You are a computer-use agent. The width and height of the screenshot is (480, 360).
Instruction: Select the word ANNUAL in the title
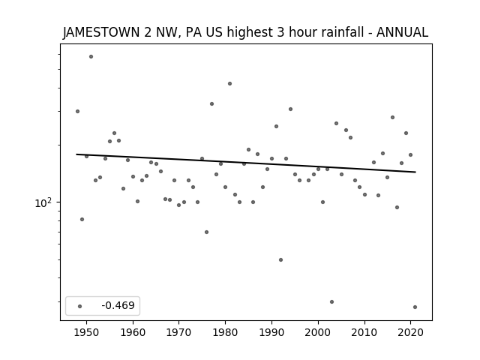(x=402, y=32)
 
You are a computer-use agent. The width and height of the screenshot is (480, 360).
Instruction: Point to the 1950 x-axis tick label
(x=87, y=332)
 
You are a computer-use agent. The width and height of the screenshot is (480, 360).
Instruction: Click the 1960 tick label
(x=133, y=332)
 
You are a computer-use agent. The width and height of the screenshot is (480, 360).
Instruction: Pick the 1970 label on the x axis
(x=178, y=332)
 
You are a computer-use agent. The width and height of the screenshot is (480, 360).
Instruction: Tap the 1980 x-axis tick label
(x=225, y=332)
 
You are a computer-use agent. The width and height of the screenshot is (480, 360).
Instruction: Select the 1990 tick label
(x=271, y=332)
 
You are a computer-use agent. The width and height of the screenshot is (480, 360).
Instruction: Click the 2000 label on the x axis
(x=318, y=332)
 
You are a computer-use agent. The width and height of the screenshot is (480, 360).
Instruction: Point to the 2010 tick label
(x=364, y=332)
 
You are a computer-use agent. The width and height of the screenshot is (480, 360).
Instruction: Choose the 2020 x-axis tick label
(x=410, y=332)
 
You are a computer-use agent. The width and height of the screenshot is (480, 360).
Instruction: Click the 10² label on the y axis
(x=43, y=203)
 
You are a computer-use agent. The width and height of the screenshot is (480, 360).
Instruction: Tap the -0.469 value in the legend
(x=118, y=305)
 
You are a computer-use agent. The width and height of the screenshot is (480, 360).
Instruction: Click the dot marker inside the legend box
(x=80, y=306)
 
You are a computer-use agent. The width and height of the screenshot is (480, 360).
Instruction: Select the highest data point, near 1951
(x=91, y=57)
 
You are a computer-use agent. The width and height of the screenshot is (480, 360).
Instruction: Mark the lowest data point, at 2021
(x=415, y=307)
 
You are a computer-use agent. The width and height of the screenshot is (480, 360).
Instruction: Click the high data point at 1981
(x=230, y=83)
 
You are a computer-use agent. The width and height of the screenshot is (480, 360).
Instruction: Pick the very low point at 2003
(x=331, y=301)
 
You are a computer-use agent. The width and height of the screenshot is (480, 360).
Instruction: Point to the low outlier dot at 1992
(x=280, y=260)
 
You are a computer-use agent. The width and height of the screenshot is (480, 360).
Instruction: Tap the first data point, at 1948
(x=77, y=112)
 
